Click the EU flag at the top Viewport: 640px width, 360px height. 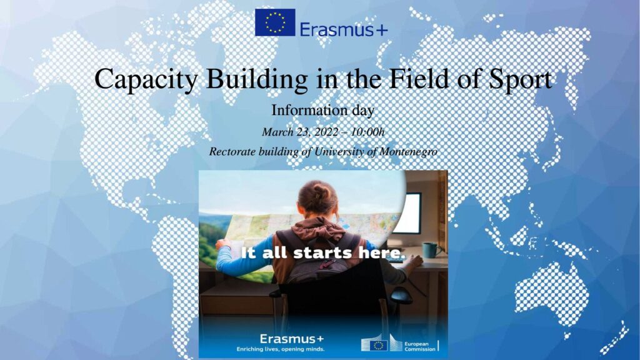[275, 22]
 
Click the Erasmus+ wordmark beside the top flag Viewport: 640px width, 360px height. [344, 29]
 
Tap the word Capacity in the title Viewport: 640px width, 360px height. [146, 79]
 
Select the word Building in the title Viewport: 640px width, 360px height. [257, 79]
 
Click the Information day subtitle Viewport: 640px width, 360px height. [323, 110]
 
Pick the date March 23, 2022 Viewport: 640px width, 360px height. [300, 132]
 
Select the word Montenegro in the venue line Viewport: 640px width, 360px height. [408, 152]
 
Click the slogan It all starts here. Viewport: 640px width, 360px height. [323, 252]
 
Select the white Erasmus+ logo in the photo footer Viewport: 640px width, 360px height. [291, 339]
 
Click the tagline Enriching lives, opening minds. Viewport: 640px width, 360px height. [281, 349]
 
